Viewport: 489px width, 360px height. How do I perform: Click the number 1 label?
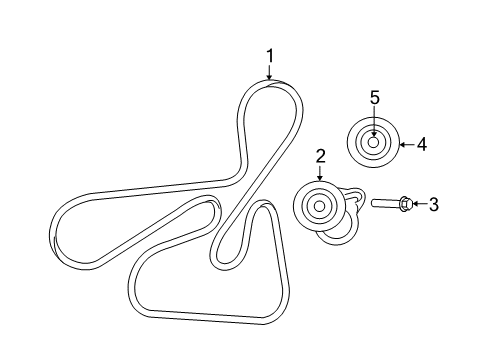pos(268,56)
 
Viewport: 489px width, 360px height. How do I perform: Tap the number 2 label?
pos(321,155)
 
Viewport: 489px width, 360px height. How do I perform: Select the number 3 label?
pos(433,204)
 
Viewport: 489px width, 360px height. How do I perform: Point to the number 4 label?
pos(421,144)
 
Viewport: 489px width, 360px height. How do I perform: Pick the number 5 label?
pos(374,97)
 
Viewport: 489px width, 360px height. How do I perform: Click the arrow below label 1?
pos(268,73)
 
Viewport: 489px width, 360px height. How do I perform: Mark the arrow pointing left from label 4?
pos(405,145)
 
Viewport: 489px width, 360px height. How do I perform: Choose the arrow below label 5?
pos(374,121)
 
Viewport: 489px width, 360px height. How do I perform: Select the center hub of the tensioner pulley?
pos(319,207)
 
